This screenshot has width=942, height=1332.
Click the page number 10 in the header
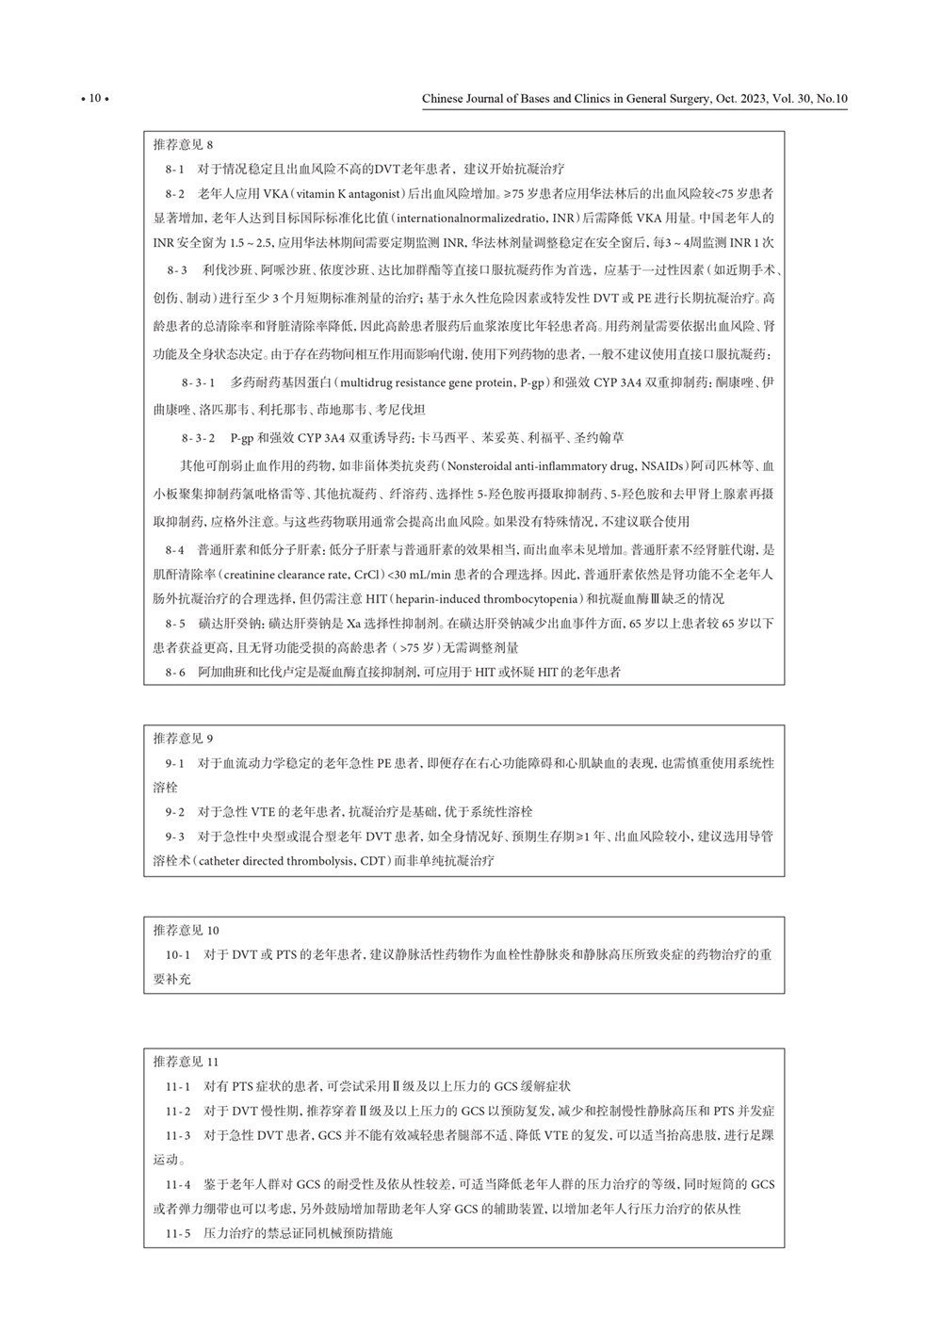pyautogui.click(x=95, y=98)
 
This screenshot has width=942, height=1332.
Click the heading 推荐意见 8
pyautogui.click(x=184, y=145)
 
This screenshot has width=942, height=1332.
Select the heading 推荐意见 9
pyautogui.click(x=184, y=739)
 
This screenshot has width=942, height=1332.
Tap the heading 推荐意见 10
pyautogui.click(x=187, y=931)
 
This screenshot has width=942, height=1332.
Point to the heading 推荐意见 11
pyautogui.click(x=187, y=1061)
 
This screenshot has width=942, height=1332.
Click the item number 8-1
pyautogui.click(x=175, y=170)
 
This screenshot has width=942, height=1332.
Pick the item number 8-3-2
pyautogui.click(x=199, y=438)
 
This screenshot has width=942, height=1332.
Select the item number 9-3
pyautogui.click(x=175, y=837)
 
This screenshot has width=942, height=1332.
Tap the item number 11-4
pyautogui.click(x=178, y=1184)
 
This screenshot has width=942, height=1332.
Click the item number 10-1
pyautogui.click(x=178, y=955)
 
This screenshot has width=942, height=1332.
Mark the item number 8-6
pyautogui.click(x=175, y=673)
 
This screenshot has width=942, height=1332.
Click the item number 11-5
pyautogui.click(x=178, y=1233)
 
